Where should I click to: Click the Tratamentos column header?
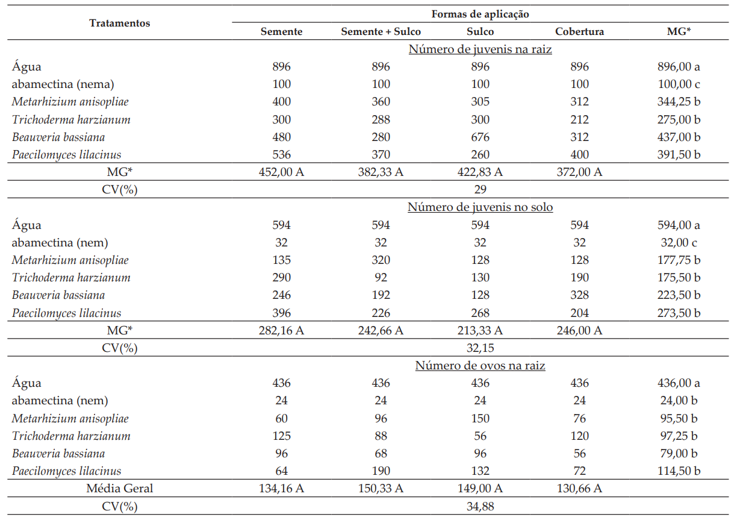119,23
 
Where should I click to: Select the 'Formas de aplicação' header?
480,14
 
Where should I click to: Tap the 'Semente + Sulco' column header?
381,31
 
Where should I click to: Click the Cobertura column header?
579,31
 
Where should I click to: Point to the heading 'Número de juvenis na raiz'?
480,49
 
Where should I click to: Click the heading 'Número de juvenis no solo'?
480,207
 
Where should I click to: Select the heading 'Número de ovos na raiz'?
480,366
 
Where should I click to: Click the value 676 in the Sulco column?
480,137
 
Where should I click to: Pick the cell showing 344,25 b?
679,101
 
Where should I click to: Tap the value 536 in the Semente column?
281,154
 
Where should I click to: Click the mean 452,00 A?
281,172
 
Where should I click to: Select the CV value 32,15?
480,348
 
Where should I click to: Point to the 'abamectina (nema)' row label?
63,84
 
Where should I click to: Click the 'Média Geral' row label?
119,488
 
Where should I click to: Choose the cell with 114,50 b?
679,471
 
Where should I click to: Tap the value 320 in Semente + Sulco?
381,260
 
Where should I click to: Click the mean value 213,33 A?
480,330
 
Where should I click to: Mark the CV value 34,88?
480,506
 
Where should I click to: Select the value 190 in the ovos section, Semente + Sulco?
381,471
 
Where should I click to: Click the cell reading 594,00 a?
679,225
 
